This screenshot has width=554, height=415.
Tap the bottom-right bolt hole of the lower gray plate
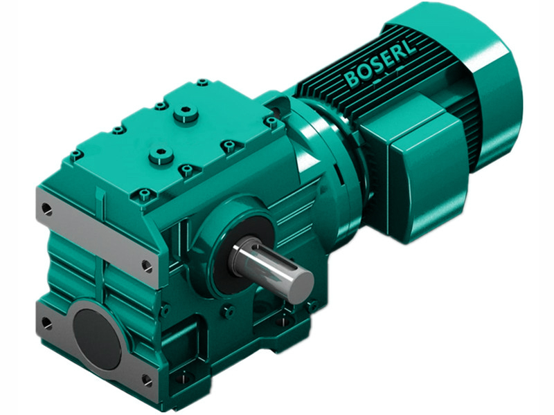[146, 380]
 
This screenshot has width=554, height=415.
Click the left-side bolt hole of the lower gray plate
[46, 322]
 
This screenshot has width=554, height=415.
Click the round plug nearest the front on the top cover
[161, 154]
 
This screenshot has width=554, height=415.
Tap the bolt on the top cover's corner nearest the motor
[271, 122]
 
